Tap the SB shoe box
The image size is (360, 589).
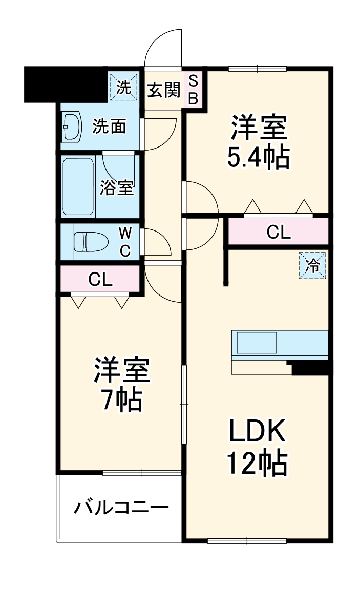pos(193,90)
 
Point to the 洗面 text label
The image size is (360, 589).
pos(109,127)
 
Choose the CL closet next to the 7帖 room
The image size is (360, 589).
pos(100,279)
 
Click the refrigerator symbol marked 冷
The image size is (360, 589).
pos(312,265)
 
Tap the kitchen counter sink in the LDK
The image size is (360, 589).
pos(256,342)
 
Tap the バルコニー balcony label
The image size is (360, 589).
pos(121,508)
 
